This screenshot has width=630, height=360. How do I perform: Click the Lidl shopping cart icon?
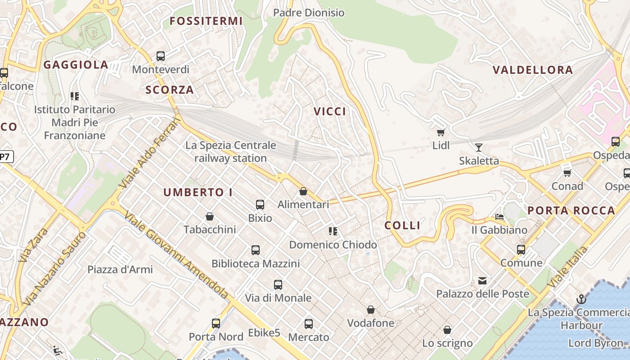441,132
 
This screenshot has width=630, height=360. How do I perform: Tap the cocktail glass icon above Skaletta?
478,147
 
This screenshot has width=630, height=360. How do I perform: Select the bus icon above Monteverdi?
161,56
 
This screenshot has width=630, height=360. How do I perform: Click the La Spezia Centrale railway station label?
230,152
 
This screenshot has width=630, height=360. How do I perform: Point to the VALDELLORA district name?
533,70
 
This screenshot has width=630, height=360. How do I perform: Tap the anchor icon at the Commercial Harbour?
581,299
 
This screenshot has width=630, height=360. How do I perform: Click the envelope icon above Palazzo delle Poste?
482,281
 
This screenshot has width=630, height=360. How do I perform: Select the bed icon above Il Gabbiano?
499,217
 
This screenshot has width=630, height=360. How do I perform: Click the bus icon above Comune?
521,249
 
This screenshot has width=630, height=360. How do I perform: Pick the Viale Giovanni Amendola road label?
176,254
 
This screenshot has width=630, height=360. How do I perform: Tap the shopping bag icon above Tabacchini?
210,216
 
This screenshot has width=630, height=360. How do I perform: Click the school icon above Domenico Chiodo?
333,231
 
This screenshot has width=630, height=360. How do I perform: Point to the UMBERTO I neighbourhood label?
198,192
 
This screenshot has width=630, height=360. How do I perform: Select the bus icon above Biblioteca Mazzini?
256,250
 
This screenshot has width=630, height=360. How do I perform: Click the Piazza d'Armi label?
120,270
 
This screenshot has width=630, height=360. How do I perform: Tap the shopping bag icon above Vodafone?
371,310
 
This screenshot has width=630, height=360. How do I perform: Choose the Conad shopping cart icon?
567,173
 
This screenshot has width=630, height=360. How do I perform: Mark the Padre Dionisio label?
309,13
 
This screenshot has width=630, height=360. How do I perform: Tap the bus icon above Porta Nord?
216,323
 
